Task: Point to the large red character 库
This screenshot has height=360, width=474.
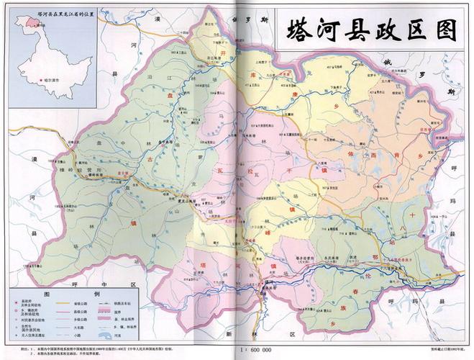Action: (x=252, y=76)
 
